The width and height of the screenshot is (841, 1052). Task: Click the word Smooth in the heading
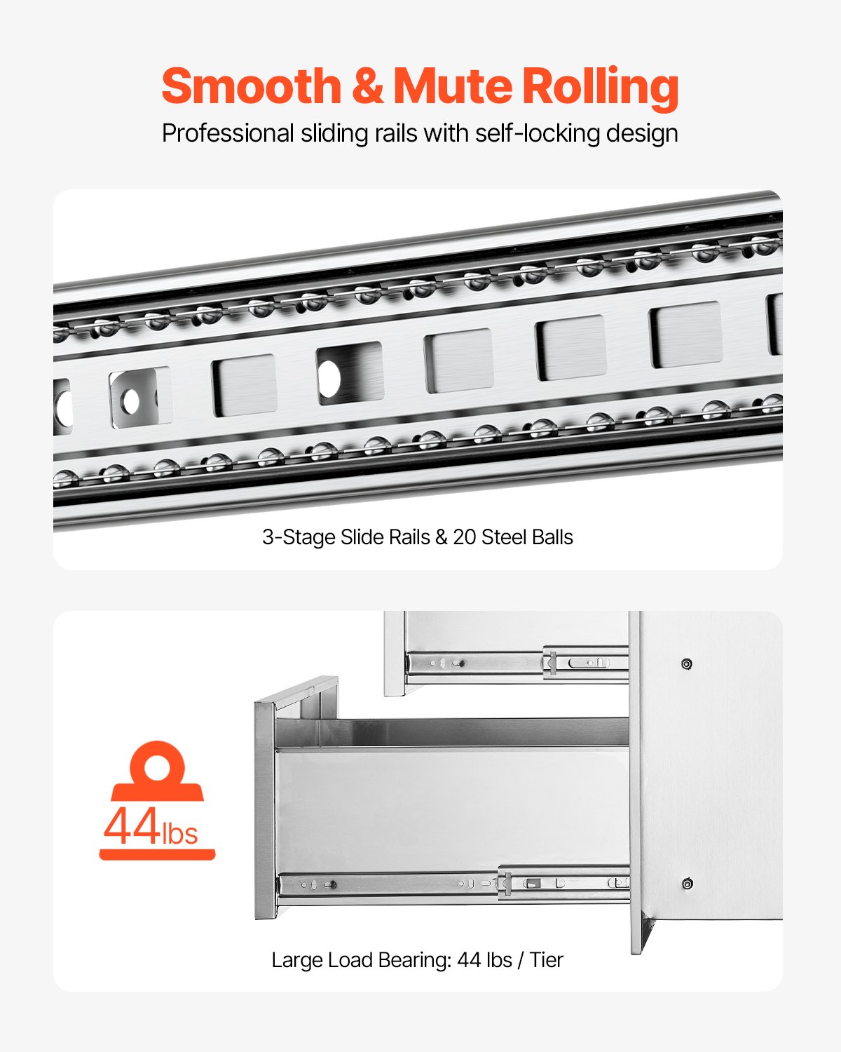[x=251, y=86]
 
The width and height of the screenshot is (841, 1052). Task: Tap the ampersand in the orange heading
[x=367, y=86]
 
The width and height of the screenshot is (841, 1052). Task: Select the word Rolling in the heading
[x=601, y=88]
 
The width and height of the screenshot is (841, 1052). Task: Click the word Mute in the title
[x=453, y=86]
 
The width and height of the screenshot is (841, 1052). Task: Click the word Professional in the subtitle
[x=228, y=133]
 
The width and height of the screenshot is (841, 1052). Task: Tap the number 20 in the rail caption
[x=464, y=537]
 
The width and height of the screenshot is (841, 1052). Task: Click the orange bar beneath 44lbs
[x=158, y=854]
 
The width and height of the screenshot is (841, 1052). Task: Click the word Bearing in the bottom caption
[x=414, y=961]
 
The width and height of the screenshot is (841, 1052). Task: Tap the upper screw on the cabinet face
[x=687, y=664]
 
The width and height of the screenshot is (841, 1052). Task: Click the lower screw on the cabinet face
[x=687, y=884]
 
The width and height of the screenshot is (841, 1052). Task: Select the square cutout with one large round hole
[x=350, y=374]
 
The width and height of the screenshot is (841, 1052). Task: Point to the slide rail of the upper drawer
[x=517, y=664]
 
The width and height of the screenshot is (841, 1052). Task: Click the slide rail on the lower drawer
[x=453, y=884]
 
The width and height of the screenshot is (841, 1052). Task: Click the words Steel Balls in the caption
[x=527, y=537]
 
